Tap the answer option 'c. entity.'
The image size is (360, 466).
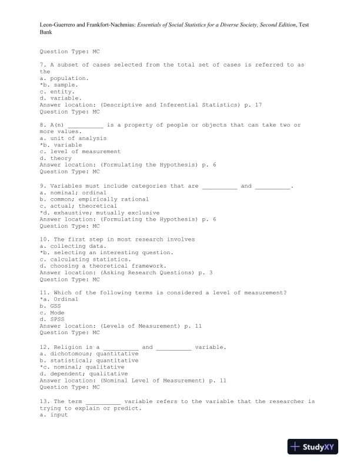pos(57,91)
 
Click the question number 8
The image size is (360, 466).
pos(42,125)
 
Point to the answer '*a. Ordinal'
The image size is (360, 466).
pos(59,299)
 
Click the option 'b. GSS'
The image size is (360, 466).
pos(50,306)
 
